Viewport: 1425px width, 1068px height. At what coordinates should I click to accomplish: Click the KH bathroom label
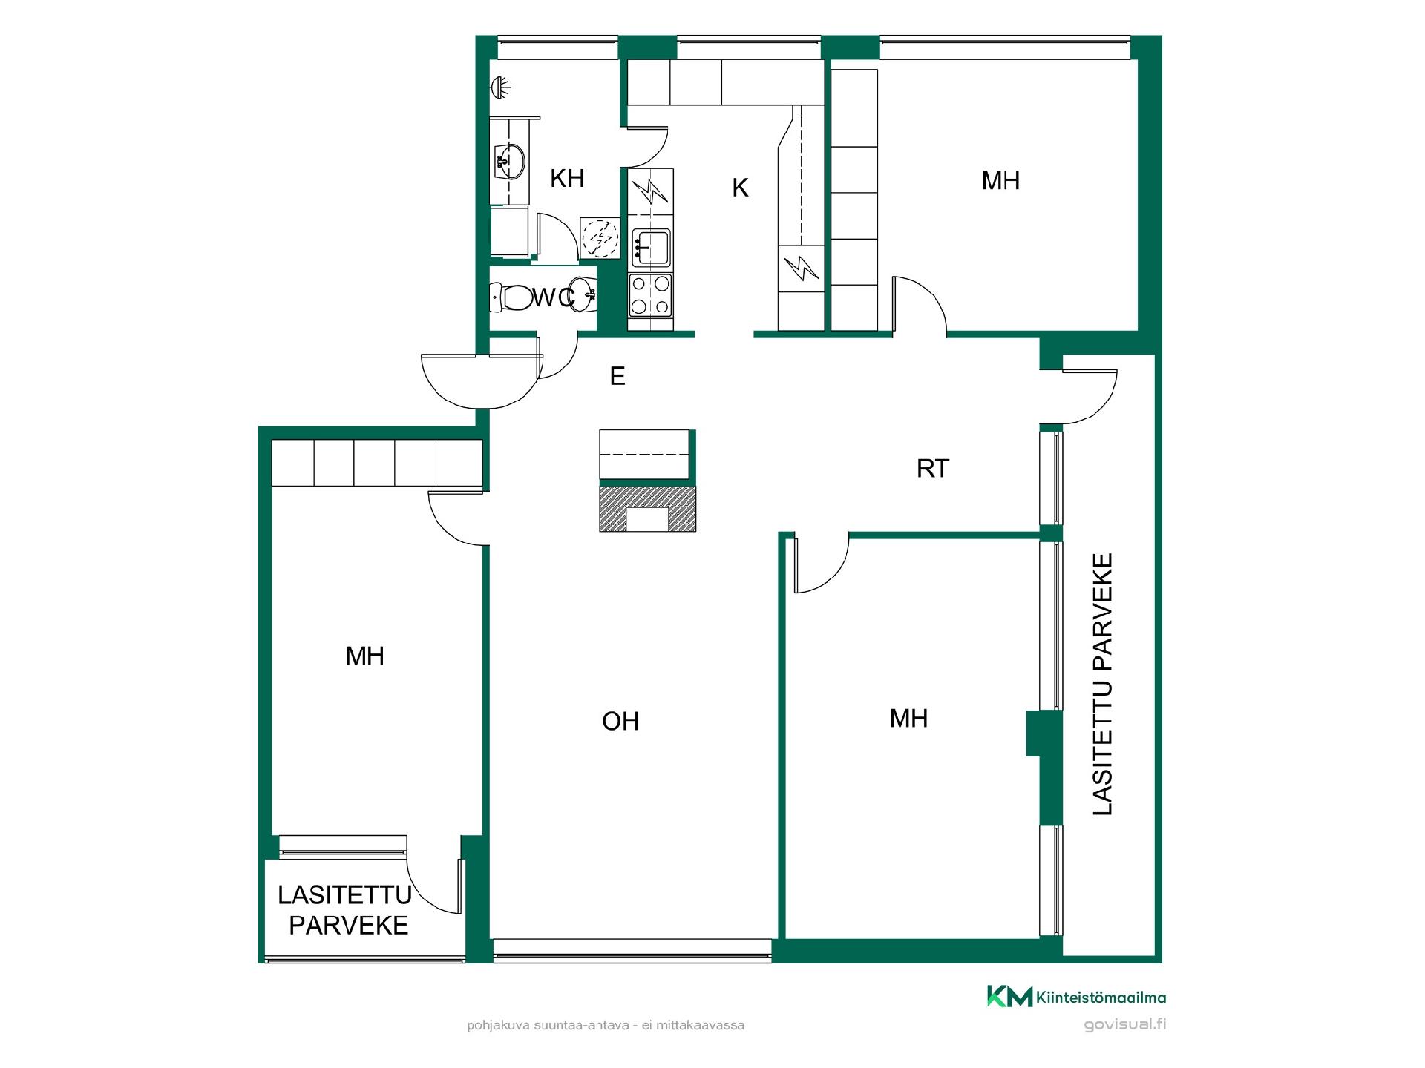(567, 179)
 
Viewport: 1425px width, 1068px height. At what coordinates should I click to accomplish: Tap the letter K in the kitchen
(740, 188)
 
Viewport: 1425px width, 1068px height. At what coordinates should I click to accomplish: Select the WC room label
(554, 297)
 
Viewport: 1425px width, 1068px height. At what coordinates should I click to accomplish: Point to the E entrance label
(617, 377)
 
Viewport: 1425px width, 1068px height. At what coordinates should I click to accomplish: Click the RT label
(933, 469)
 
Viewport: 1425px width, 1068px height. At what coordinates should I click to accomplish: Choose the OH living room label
(620, 722)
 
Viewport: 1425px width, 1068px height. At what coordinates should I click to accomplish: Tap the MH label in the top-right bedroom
(1000, 180)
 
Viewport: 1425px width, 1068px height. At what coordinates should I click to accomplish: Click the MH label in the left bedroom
(365, 656)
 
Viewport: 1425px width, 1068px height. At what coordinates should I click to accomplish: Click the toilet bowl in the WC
(511, 298)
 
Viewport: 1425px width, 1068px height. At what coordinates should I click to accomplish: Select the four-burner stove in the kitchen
(651, 294)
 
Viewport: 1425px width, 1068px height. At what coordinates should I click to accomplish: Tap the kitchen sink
(651, 247)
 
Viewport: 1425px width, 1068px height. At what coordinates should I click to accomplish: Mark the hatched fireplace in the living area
(648, 509)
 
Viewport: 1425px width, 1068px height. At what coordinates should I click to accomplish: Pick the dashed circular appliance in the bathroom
(600, 237)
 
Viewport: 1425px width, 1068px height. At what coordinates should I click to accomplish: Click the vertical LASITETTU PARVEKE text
(1103, 685)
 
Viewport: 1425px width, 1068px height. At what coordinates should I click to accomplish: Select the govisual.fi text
(1125, 1025)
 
